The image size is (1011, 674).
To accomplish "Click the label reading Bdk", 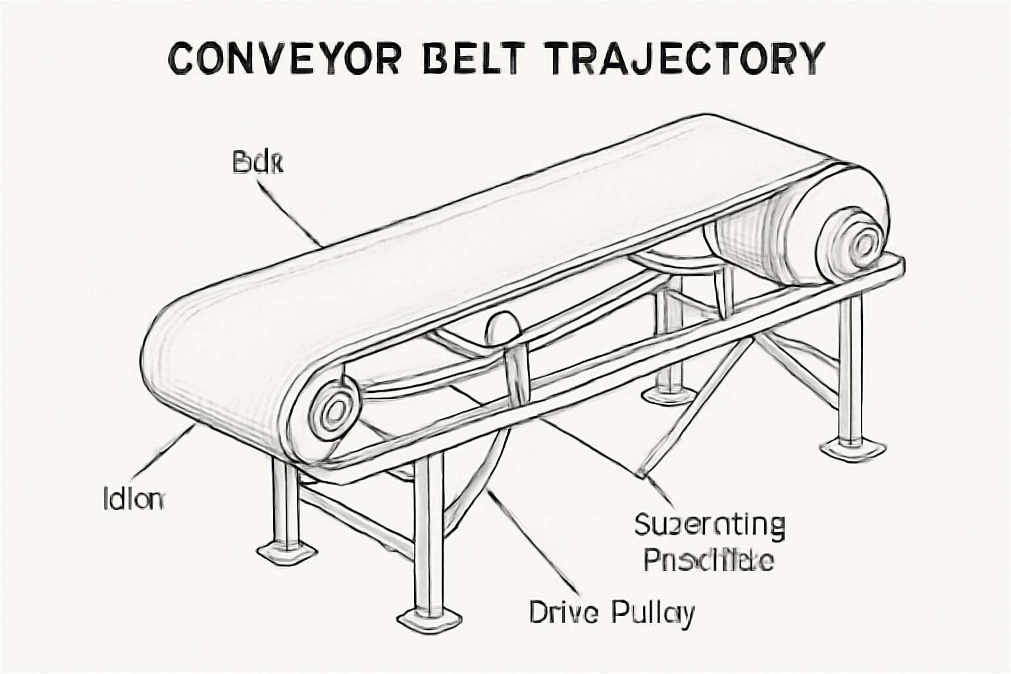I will [x=258, y=163].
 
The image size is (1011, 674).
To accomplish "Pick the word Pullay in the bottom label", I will [x=652, y=612].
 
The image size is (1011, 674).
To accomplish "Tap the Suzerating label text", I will [x=710, y=525].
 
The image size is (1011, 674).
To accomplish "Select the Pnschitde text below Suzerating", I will [x=708, y=561].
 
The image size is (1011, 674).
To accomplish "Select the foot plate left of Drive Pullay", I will [x=428, y=618].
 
